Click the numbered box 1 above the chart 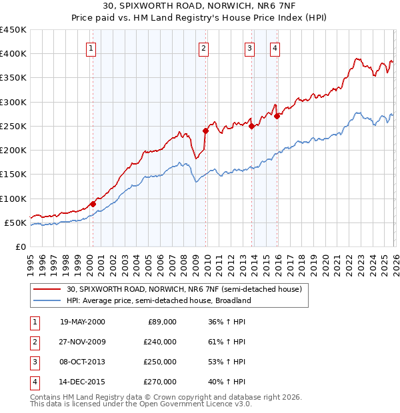[x=90, y=47]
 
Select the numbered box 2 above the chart [x=203, y=47]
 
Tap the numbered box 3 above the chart [x=249, y=47]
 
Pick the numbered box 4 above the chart [x=275, y=47]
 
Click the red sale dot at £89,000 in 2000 [x=93, y=204]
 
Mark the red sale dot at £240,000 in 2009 [x=206, y=131]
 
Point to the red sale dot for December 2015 [x=277, y=117]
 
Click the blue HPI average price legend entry [x=158, y=300]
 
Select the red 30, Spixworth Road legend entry [x=184, y=289]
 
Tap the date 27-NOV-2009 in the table [x=82, y=342]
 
